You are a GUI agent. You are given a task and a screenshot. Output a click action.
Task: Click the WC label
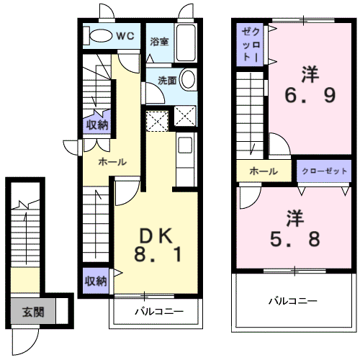(125, 36)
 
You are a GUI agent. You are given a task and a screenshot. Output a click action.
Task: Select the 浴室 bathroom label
(159, 42)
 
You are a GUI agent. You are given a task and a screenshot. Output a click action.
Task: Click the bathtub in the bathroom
(186, 42)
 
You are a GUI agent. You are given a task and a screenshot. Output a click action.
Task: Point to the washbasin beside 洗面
(188, 79)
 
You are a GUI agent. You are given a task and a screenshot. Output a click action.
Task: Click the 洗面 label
(167, 81)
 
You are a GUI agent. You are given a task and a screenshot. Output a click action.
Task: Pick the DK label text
(156, 236)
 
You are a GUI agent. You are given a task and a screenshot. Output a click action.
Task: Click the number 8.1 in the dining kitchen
(158, 255)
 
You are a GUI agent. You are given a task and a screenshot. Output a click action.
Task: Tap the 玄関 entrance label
(33, 312)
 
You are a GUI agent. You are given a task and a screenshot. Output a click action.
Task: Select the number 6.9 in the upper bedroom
(310, 95)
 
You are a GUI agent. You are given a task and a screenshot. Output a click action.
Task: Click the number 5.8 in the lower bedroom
(295, 239)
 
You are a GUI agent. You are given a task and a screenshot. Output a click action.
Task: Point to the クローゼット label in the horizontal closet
(324, 171)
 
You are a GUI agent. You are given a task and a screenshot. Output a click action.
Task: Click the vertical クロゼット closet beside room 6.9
(250, 45)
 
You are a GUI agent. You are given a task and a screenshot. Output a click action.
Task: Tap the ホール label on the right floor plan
(264, 171)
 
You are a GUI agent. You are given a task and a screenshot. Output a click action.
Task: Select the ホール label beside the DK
(112, 162)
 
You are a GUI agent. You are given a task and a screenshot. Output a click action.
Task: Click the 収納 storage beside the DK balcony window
(96, 281)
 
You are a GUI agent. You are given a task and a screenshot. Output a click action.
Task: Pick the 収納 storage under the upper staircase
(97, 125)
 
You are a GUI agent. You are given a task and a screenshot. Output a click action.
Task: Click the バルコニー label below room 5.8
(293, 301)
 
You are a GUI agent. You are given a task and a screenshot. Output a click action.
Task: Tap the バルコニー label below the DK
(159, 312)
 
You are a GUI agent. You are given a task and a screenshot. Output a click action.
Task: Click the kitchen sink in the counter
(185, 145)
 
